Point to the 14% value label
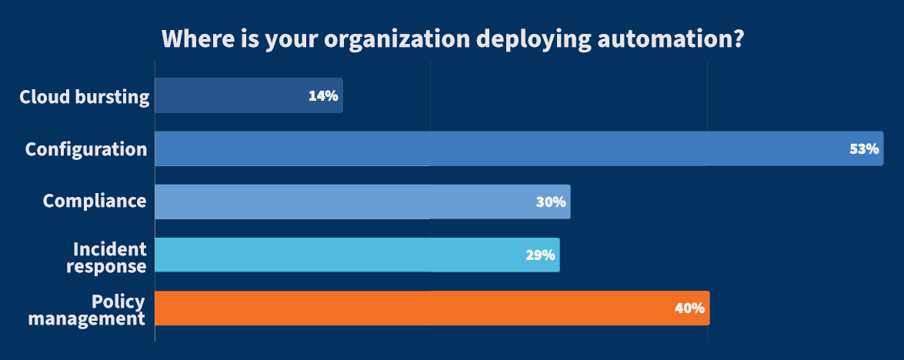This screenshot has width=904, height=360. pos(323,96)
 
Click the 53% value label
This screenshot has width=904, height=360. pos(864,149)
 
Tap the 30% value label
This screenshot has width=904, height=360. pos(551,202)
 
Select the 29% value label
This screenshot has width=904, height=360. pos(540,255)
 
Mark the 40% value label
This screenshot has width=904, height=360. pos(689,308)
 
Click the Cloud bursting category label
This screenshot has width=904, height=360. pos(84,97)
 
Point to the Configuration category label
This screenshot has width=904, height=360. pos(86,149)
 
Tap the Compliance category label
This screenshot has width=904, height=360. pos(95,202)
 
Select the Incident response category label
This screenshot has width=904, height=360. pos(108,258)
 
